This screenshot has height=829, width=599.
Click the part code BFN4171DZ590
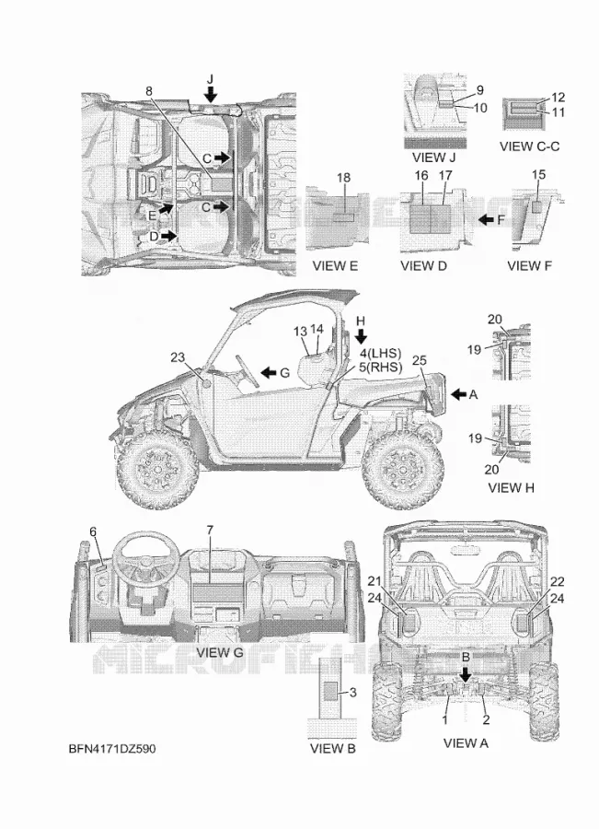point(112,749)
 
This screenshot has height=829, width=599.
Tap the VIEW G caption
point(220,652)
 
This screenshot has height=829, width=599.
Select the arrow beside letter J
point(211,94)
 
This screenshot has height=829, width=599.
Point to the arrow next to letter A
point(458,394)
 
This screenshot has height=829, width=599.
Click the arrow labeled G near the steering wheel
point(269,373)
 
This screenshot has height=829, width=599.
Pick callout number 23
point(178,357)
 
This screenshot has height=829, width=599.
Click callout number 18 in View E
point(343,178)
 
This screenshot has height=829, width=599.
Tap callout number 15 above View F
point(538,174)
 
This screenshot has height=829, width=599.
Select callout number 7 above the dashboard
point(210,530)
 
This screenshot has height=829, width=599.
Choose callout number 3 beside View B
point(352,692)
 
